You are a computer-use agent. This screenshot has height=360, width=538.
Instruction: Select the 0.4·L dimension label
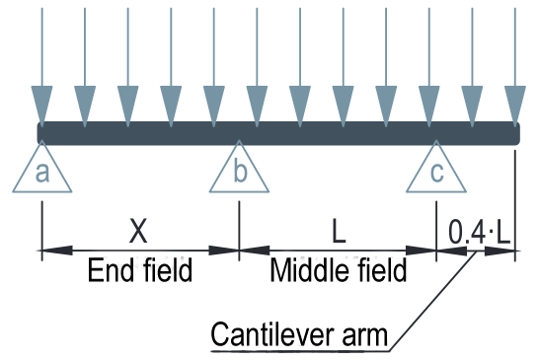(x=480, y=232)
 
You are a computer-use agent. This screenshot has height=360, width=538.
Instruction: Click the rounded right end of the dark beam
(x=516, y=133)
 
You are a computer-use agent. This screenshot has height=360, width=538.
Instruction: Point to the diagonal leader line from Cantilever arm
(x=432, y=302)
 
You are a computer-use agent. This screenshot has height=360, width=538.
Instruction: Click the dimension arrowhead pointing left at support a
(x=57, y=251)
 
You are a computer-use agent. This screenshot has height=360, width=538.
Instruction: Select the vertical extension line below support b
(x=239, y=231)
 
